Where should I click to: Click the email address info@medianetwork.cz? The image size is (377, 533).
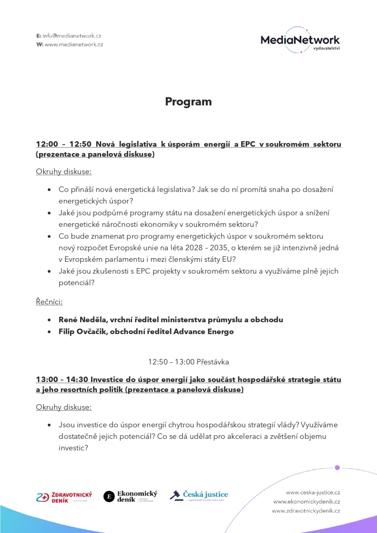(72, 35)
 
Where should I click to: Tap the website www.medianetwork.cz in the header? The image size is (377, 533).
(74, 44)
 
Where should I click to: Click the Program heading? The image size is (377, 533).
(188, 101)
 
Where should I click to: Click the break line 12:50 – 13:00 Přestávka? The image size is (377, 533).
(188, 361)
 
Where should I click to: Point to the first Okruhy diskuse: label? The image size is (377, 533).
(64, 172)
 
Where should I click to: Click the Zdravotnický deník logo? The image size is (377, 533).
(64, 497)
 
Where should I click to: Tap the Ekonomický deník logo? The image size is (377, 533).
(130, 497)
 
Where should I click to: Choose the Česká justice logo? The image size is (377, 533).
(199, 495)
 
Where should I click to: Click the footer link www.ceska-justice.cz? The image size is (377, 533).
(312, 492)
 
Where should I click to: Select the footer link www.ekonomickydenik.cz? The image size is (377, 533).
(307, 501)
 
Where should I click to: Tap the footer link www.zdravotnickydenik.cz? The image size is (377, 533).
(306, 511)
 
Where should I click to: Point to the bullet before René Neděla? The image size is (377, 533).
(49, 320)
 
